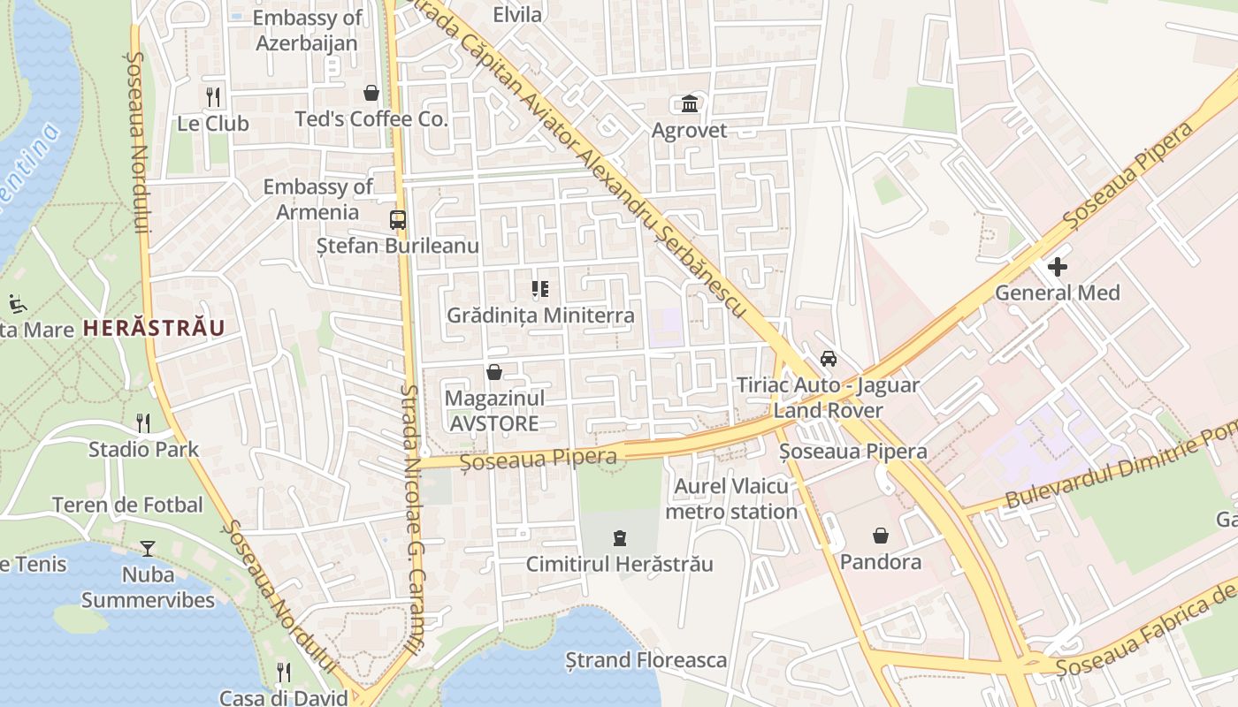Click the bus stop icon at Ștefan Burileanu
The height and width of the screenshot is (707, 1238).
coord(398,220)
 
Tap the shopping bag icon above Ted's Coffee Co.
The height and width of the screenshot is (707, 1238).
coord(371,93)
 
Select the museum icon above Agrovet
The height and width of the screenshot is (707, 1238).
coord(690,104)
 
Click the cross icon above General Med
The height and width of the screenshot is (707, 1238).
coord(1057,266)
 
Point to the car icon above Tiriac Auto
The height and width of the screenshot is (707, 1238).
coord(828,359)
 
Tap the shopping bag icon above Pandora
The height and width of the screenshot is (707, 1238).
coord(880,536)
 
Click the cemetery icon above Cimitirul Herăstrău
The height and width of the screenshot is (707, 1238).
coord(620,537)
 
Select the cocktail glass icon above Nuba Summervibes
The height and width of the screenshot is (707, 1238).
coord(147,549)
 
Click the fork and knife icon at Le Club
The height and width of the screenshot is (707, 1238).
coord(213,96)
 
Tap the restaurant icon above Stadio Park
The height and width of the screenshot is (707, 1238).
coord(143,423)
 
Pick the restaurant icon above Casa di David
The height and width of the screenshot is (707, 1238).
coord(283,673)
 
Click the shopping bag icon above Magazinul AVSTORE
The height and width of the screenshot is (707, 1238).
coord(493,373)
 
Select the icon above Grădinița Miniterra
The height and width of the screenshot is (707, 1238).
coord(540,289)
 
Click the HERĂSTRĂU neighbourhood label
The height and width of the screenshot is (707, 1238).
coord(154,328)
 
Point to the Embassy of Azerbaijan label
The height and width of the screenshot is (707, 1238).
coord(307,30)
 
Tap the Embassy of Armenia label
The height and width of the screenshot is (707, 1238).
coord(317,199)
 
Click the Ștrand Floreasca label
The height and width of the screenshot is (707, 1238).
coord(646,660)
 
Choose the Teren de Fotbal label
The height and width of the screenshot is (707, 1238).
coord(127,506)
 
